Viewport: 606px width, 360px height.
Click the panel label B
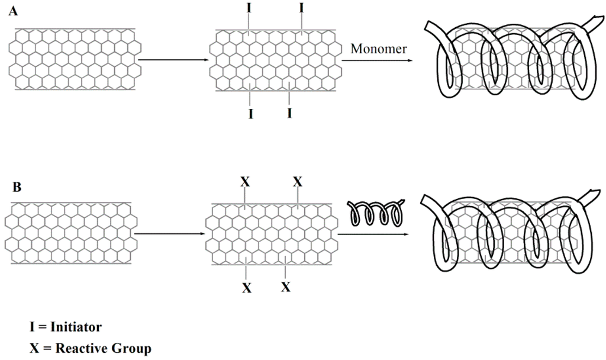point(17,188)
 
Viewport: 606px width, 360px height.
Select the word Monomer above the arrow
point(379,49)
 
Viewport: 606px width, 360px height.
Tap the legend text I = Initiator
point(66,326)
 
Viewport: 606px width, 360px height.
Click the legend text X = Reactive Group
point(91,348)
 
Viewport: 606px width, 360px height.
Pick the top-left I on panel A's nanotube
point(249,8)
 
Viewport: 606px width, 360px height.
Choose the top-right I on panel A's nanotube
point(302,8)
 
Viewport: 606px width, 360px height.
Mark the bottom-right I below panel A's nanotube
point(289,112)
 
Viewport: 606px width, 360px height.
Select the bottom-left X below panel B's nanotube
point(246,288)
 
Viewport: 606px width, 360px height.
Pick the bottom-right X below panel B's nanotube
point(286,287)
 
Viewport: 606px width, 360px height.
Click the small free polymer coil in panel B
point(376,213)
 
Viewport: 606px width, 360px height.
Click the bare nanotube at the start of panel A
point(75,59)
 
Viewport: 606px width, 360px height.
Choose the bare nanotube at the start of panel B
point(70,233)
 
